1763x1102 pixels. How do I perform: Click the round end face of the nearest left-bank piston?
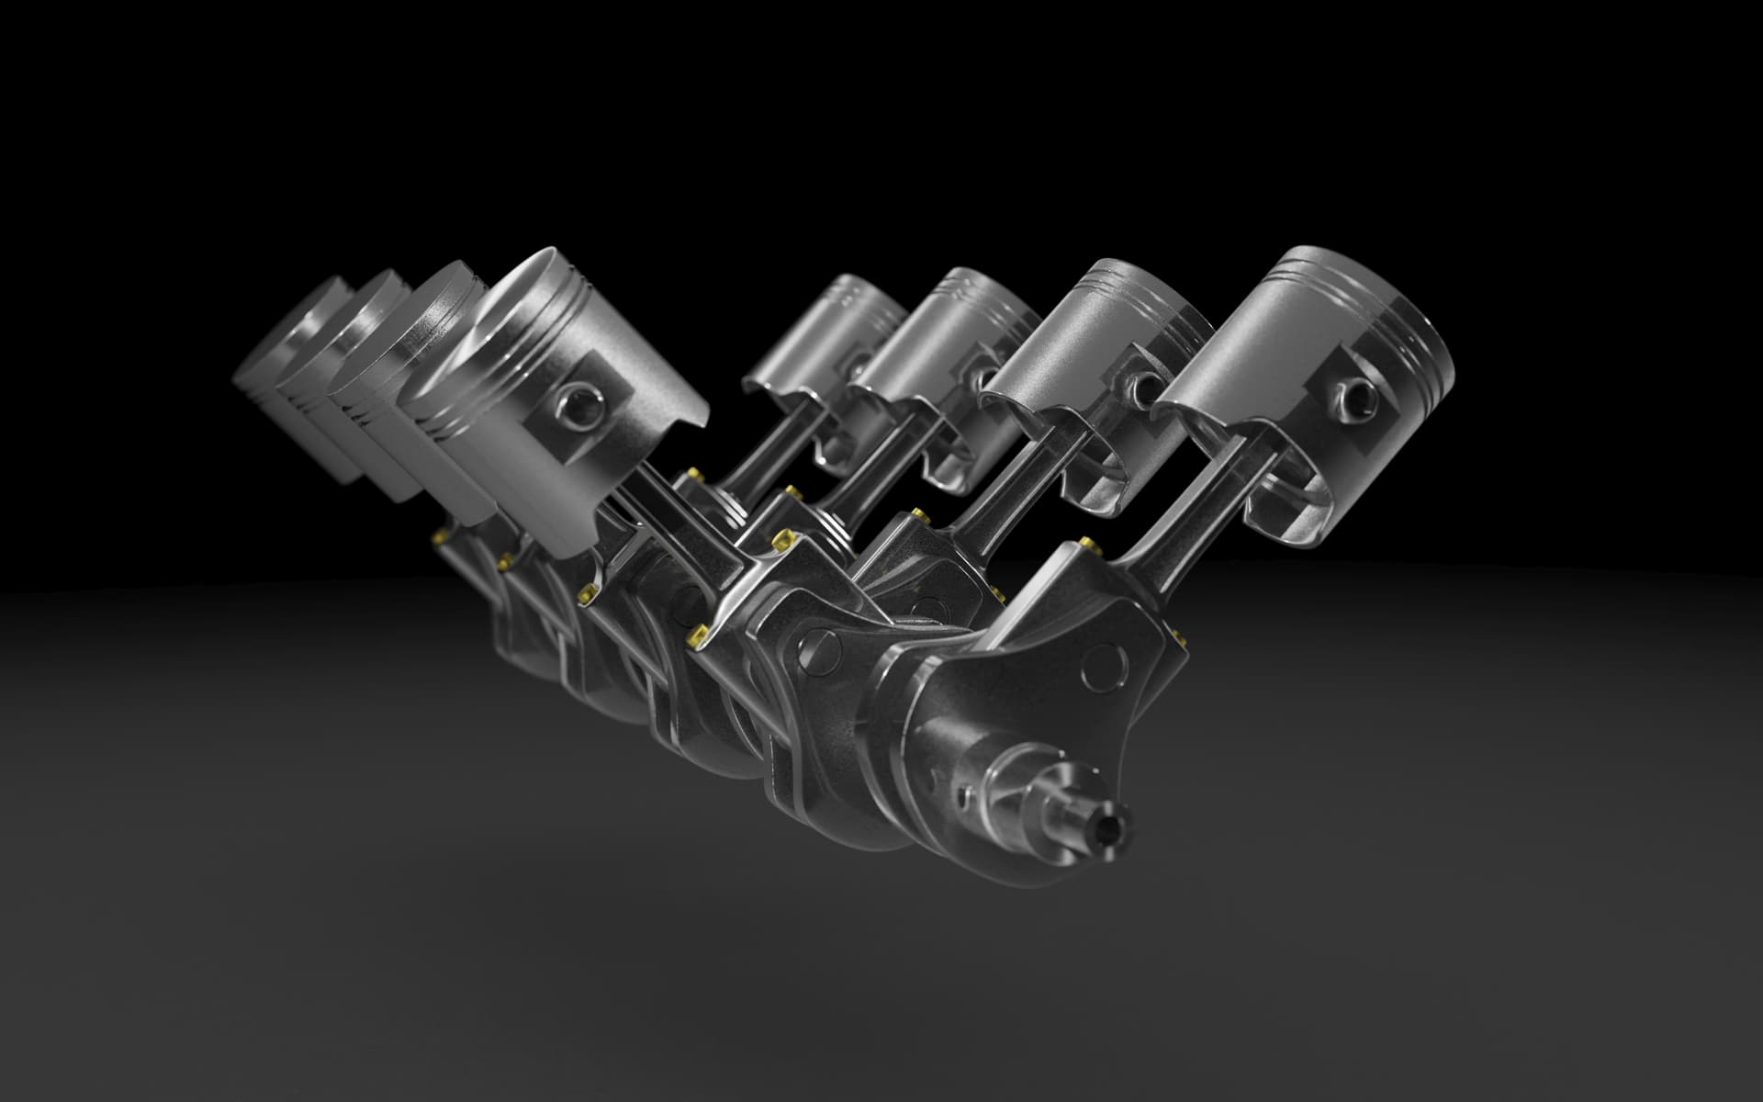pyautogui.click(x=487, y=367)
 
